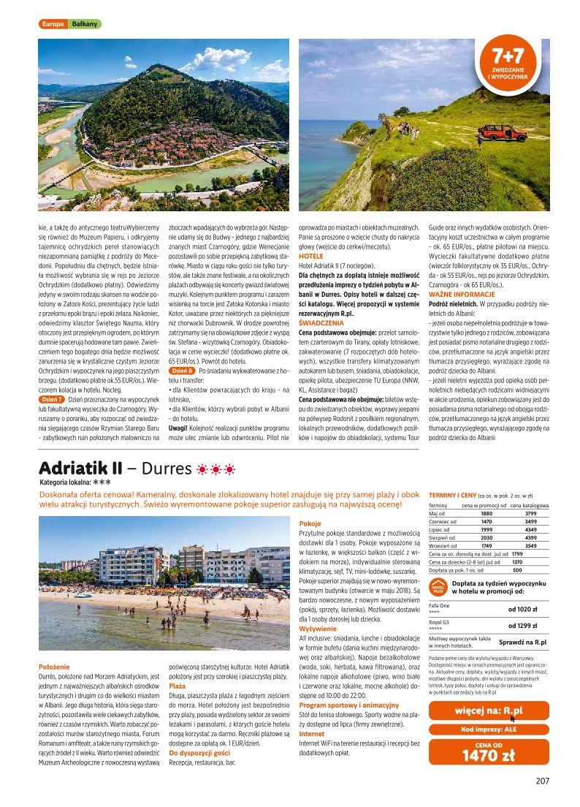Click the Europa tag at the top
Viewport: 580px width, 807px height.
pos(53,24)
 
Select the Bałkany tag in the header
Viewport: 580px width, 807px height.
pos(85,24)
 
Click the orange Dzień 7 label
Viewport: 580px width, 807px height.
pos(50,399)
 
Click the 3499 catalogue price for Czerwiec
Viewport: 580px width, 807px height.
pos(530,521)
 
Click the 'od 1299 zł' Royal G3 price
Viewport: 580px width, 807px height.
pos(523,626)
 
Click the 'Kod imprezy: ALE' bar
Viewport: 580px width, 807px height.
pos(489,729)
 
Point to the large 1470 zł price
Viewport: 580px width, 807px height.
pos(489,756)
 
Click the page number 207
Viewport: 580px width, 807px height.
pos(541,779)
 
